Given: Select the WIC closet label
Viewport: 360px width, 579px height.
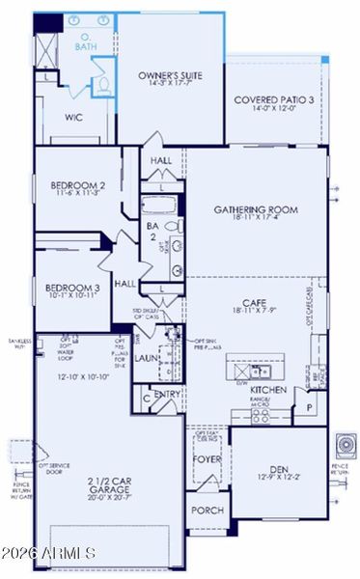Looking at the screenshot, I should pyautogui.click(x=75, y=118).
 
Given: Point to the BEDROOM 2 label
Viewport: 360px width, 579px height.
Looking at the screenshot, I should pyautogui.click(x=77, y=184).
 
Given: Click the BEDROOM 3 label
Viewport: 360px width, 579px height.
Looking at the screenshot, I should pyautogui.click(x=72, y=288).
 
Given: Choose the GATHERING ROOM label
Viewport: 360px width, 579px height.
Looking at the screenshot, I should pyautogui.click(x=256, y=209).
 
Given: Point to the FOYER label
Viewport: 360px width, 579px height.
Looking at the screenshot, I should pyautogui.click(x=206, y=460).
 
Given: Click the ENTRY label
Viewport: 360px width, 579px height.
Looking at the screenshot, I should pyautogui.click(x=166, y=394).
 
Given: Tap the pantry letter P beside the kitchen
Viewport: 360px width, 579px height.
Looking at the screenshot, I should pyautogui.click(x=310, y=408).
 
